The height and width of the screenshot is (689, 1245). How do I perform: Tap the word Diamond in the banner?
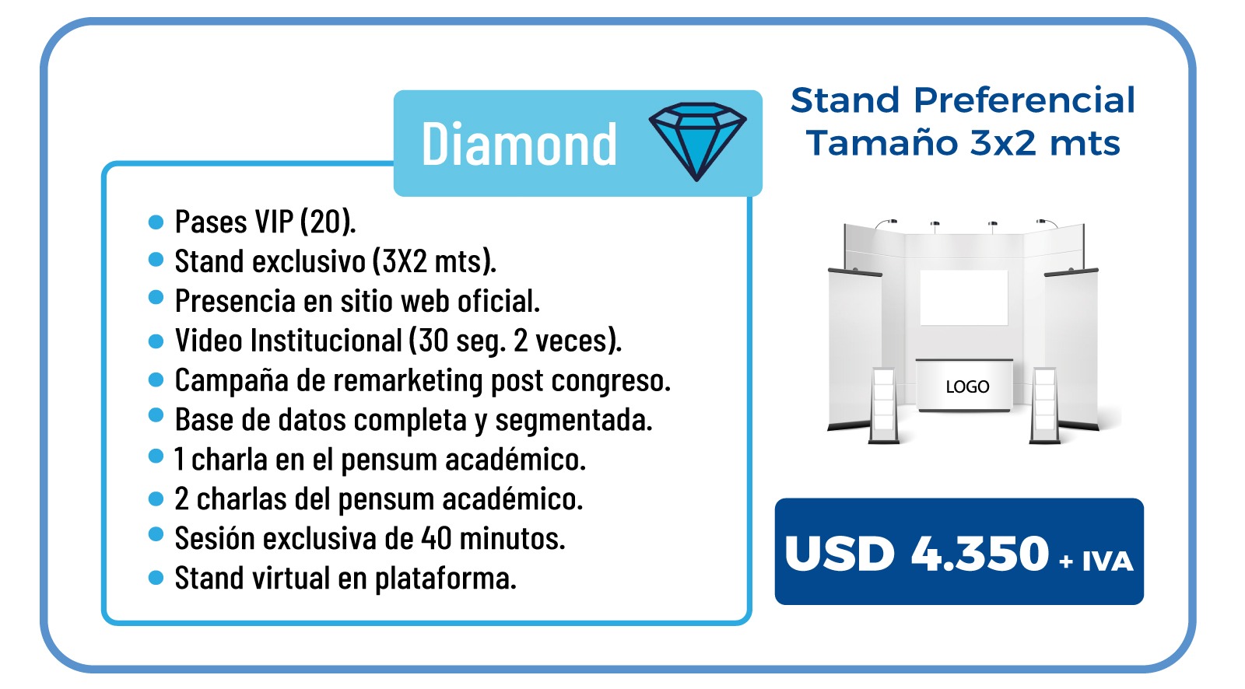pos(519,144)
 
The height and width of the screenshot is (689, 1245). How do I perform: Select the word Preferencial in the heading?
pos(1024,100)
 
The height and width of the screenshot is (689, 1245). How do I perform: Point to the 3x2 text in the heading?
pos(1003,143)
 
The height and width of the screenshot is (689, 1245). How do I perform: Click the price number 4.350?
pos(980,554)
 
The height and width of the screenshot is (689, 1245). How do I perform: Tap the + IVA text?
pos(1096,561)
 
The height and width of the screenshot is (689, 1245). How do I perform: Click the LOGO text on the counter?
pos(967,386)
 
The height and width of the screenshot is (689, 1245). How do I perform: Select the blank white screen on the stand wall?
pos(964,297)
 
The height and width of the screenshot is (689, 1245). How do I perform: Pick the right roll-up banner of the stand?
pos(1071,349)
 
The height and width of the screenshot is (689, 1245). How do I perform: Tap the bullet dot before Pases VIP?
pos(156,222)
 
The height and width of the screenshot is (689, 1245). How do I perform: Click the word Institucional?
pos(326,340)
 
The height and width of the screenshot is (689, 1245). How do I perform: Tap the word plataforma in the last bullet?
pos(446,579)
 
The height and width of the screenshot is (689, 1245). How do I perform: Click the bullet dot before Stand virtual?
pos(156,578)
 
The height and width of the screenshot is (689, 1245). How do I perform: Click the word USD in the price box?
pos(840,554)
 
